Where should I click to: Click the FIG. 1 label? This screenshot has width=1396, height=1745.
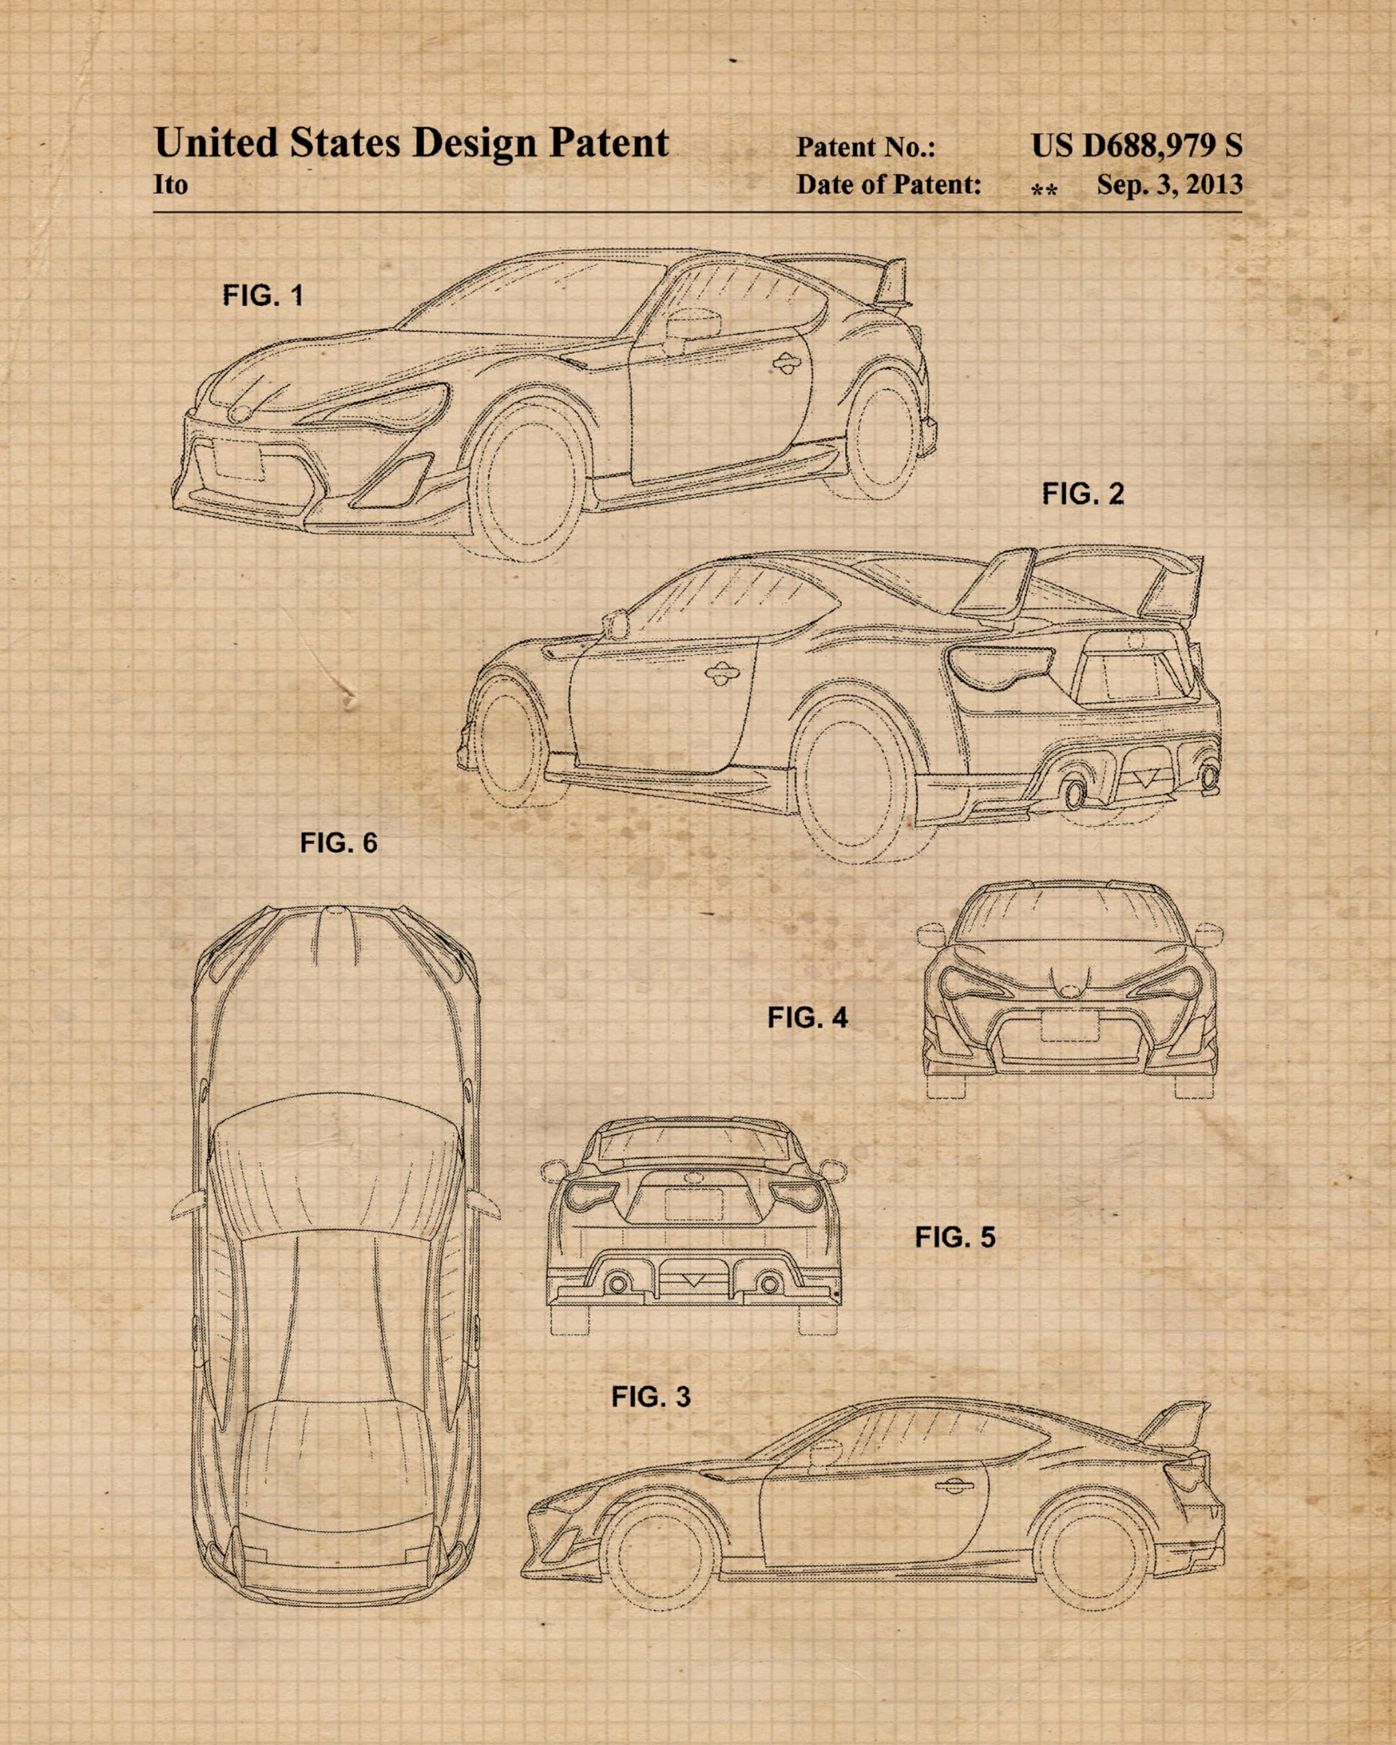tap(263, 295)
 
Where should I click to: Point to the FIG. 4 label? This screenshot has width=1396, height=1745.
tap(808, 1018)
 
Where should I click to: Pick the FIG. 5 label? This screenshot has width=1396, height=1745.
tap(955, 1236)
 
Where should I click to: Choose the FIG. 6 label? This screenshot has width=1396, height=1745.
tap(338, 843)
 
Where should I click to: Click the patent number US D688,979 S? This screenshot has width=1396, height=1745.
tap(1136, 146)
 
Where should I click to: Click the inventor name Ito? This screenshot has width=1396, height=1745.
tap(171, 185)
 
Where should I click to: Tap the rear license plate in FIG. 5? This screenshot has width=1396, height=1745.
tap(693, 1205)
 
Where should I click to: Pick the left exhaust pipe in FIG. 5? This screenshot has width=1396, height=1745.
tap(618, 1284)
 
